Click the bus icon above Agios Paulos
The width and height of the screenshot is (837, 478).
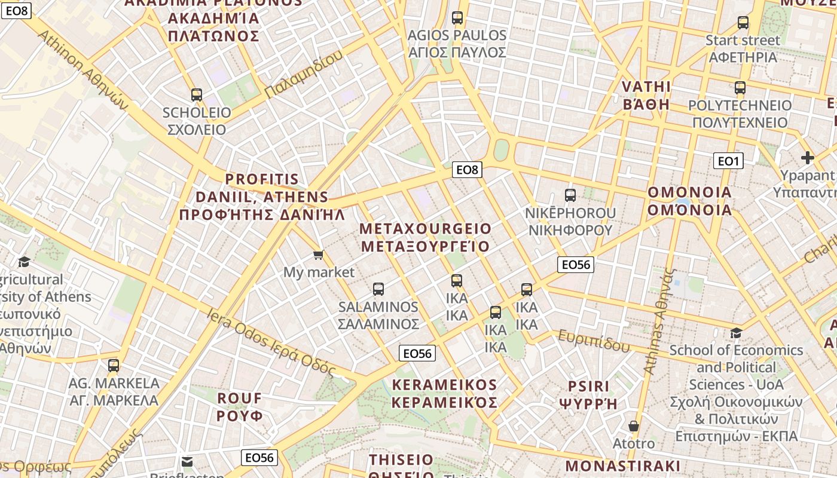(x=457, y=18)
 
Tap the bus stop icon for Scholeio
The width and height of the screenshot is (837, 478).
(x=197, y=94)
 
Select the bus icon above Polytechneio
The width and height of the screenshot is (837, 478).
(x=740, y=88)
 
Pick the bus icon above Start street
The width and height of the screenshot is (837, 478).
(x=743, y=23)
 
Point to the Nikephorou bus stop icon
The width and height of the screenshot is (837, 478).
(x=570, y=195)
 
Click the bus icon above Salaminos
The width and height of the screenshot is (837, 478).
(x=378, y=289)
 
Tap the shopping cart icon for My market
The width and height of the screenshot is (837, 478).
(x=319, y=255)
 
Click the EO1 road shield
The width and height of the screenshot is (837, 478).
(x=728, y=161)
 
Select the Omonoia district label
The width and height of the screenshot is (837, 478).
(x=689, y=201)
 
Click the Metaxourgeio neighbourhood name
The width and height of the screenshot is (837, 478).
(x=426, y=237)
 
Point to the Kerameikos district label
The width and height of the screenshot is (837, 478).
(x=444, y=393)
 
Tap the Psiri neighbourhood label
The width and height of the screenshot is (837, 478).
(x=588, y=394)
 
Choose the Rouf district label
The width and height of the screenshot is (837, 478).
(x=240, y=406)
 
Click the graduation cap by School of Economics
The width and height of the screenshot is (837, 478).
(x=736, y=333)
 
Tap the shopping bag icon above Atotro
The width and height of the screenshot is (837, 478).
(x=634, y=426)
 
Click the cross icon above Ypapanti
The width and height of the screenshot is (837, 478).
(x=808, y=158)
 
